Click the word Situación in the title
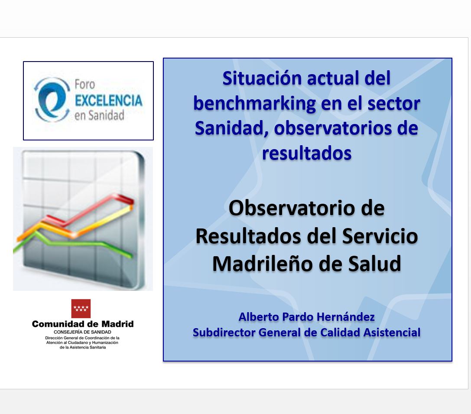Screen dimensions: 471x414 coord(262,78)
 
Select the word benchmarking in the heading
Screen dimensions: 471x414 coord(254,104)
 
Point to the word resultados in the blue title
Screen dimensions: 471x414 coord(307,153)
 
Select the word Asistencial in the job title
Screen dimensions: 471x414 coord(392,333)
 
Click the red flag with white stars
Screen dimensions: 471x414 coord(81,308)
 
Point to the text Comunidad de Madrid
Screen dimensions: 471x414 coord(83,324)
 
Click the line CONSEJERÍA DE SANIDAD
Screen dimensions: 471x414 coord(82,332)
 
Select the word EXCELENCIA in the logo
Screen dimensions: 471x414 coord(108,100)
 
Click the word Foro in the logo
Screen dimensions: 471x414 coord(84,85)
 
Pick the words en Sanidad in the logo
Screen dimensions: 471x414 coord(99,115)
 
